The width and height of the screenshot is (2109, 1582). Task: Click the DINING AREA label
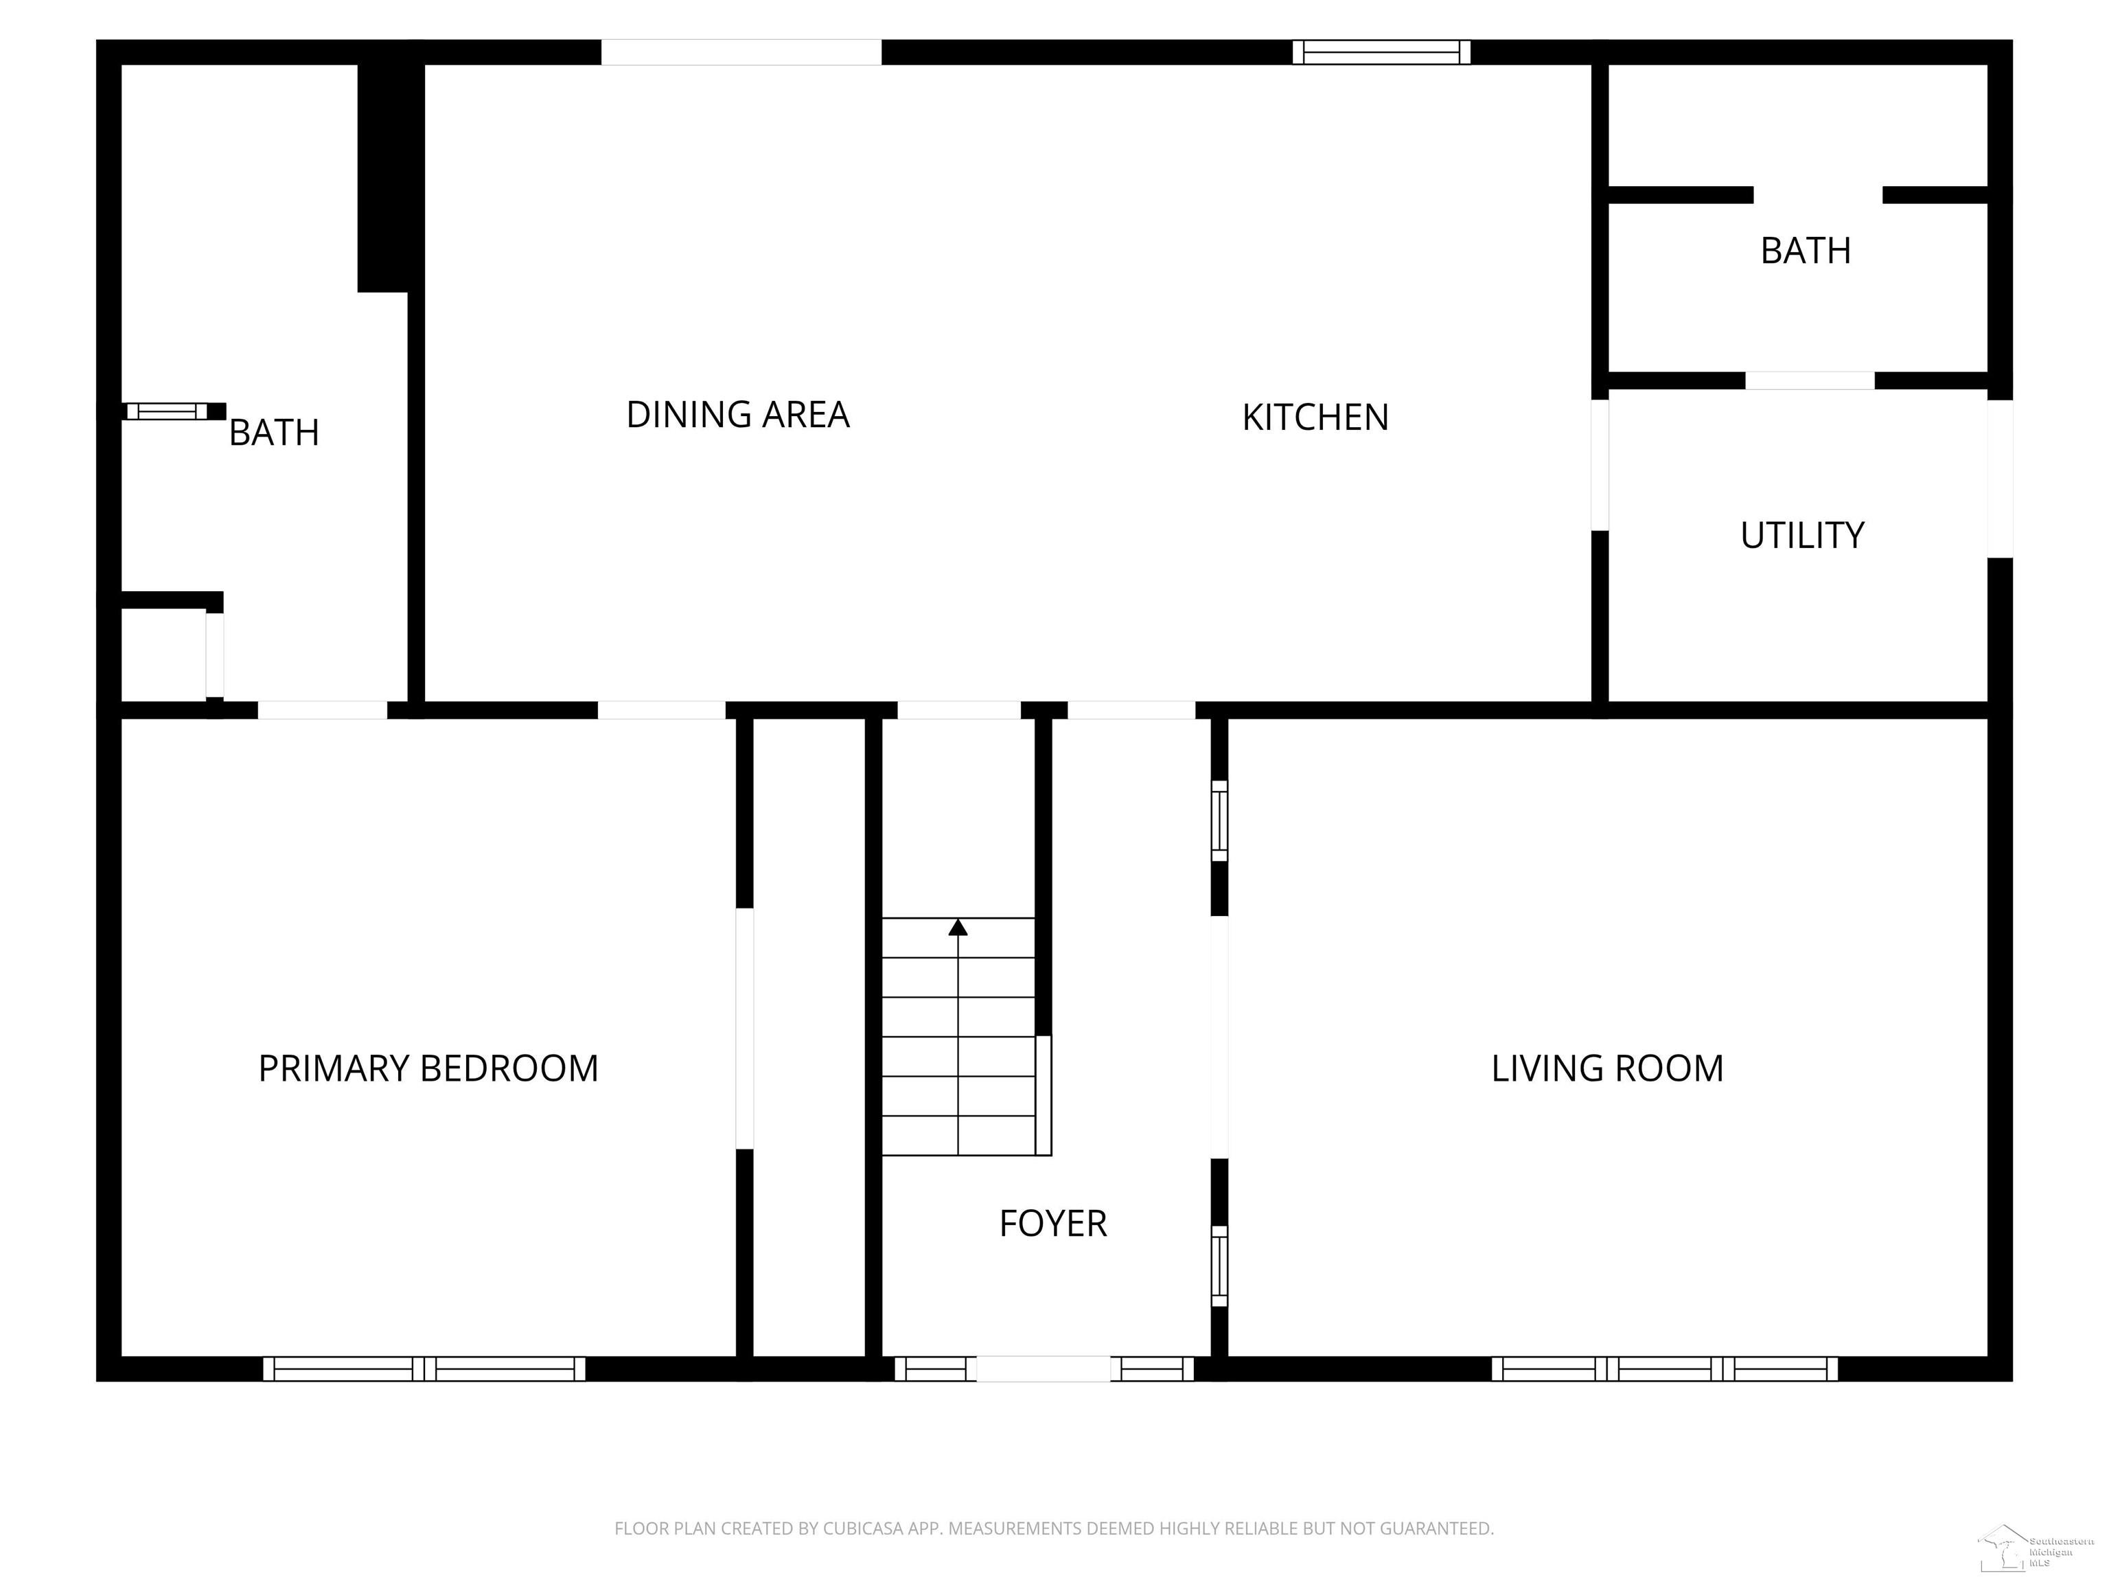737,415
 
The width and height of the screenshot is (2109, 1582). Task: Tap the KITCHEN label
1315,417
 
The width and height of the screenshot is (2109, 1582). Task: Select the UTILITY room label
1801,536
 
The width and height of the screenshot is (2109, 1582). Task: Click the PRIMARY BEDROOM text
428,1068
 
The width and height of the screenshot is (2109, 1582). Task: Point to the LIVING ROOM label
1606,1068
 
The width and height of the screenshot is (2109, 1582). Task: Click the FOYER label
1052,1224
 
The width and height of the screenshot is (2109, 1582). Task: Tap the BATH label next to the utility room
1805,251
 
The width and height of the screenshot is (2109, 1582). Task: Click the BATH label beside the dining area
274,433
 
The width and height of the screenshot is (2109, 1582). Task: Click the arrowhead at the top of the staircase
958,927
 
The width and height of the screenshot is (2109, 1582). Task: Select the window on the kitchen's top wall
1381,51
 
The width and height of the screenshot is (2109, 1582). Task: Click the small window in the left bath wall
167,411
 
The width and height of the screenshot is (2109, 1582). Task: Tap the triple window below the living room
1663,1368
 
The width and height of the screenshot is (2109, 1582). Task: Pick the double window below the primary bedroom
424,1368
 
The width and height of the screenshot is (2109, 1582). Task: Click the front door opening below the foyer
1043,1368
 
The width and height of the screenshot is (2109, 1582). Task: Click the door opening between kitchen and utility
1600,464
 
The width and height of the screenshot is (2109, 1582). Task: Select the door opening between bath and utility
1809,380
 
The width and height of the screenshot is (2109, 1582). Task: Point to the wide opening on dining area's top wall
741,51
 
